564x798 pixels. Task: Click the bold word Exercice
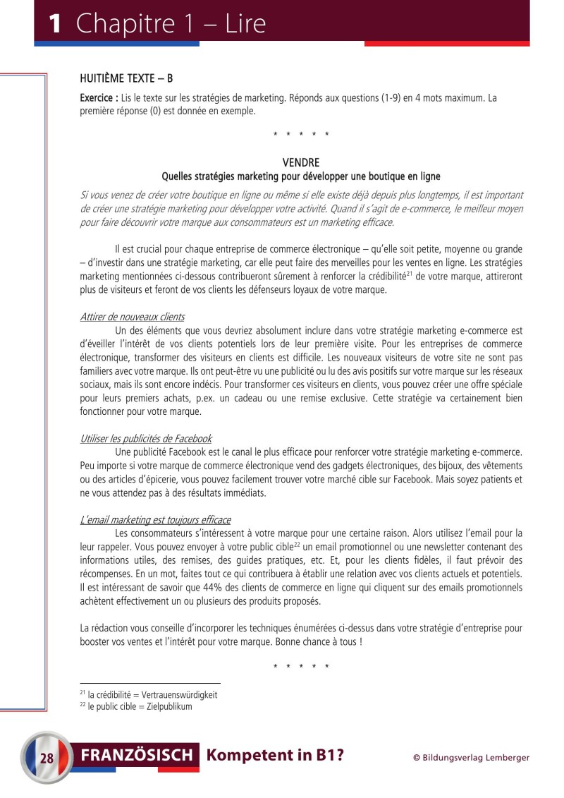[97, 98]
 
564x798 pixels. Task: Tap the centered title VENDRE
[301, 162]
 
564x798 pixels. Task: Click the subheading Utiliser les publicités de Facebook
[146, 438]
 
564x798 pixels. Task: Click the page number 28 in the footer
[47, 758]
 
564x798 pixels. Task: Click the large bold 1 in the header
[54, 24]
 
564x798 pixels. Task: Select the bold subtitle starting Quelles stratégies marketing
[301, 176]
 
